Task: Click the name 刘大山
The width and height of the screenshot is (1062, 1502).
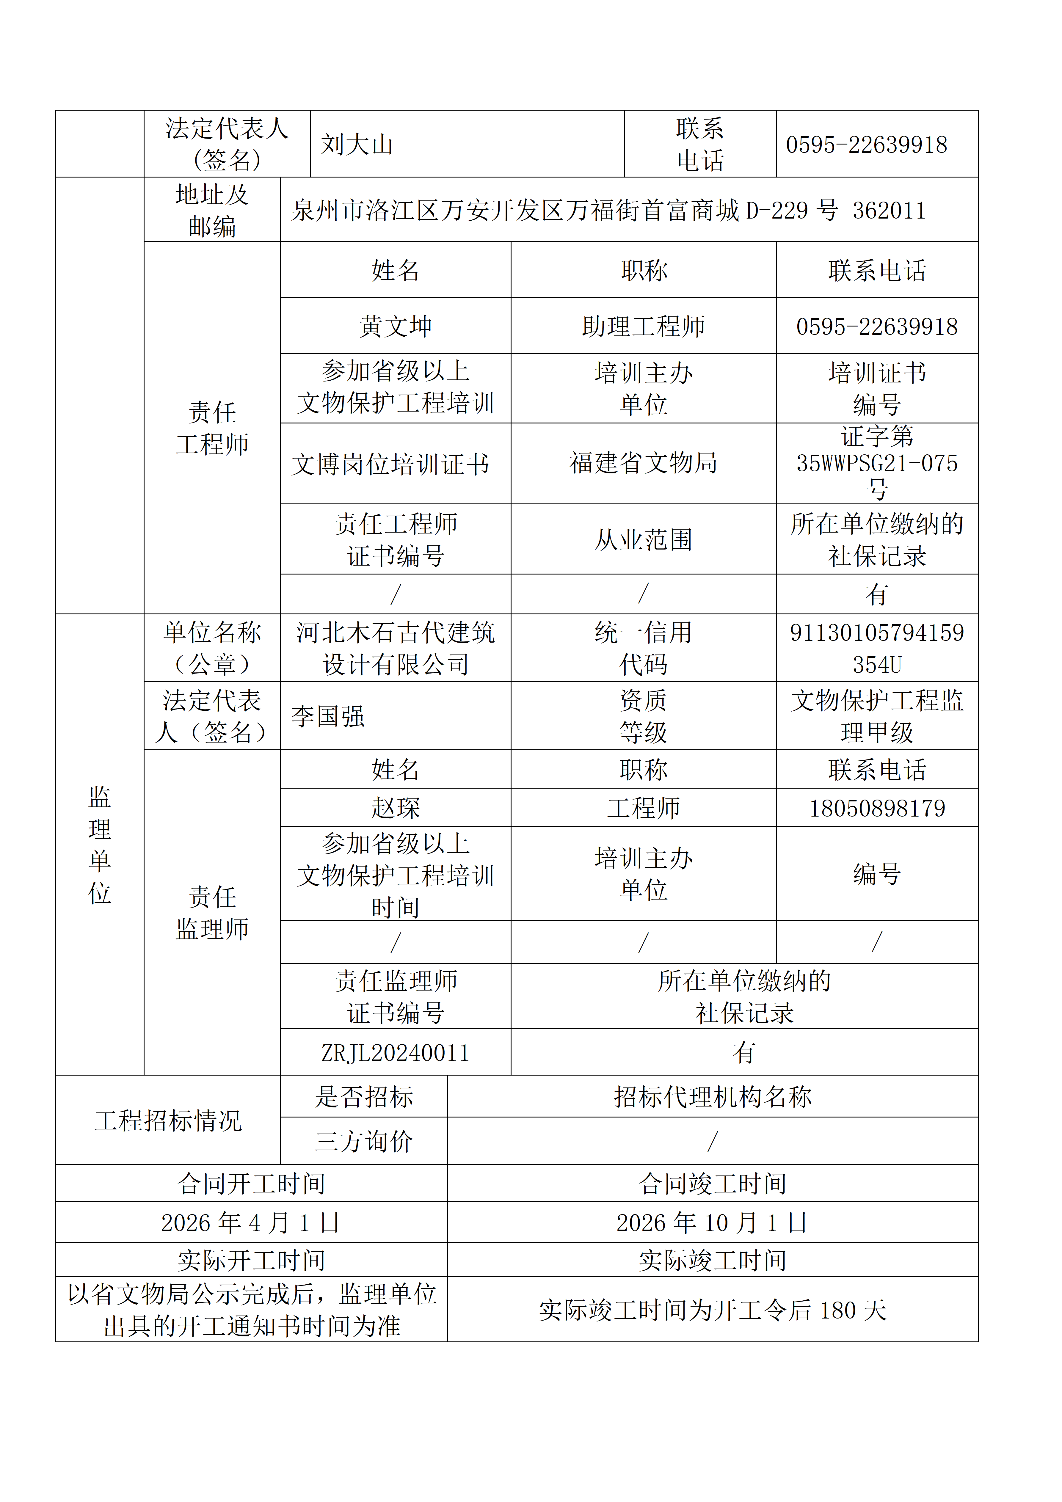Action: pyautogui.click(x=357, y=145)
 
